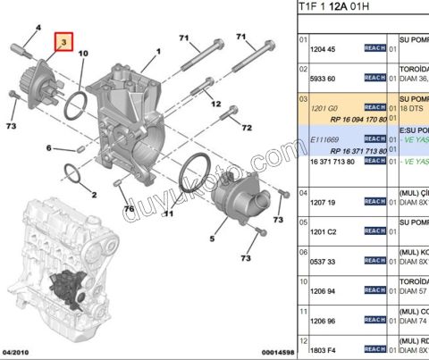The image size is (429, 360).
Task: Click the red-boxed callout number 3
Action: [63, 42]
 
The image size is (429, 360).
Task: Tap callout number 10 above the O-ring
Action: [83, 54]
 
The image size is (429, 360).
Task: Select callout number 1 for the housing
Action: [157, 53]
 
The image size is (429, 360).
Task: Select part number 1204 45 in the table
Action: [323, 50]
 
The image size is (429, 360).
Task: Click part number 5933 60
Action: [323, 79]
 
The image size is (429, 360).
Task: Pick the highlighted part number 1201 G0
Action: [323, 107]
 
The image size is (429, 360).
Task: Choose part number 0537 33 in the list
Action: [323, 261]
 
